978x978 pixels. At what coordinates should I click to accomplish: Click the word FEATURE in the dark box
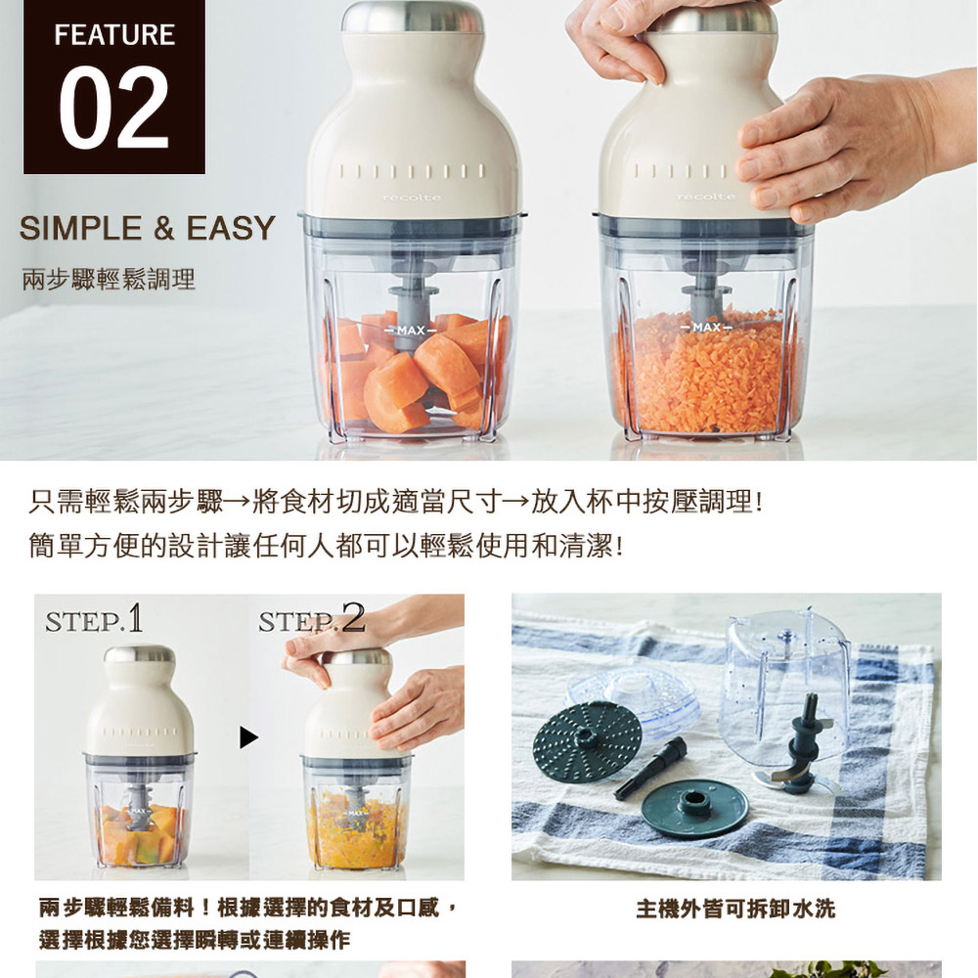tap(114, 35)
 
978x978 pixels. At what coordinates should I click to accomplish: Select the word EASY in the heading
tap(231, 228)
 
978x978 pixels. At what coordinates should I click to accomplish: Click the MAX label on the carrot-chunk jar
tap(411, 330)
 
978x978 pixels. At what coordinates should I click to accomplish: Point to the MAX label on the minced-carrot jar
tap(706, 328)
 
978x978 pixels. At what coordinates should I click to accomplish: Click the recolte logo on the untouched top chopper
tap(412, 198)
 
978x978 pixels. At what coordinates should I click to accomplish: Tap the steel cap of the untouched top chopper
tap(413, 18)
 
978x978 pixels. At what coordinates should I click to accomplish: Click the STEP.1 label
tap(94, 619)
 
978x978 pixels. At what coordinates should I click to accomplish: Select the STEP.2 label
tap(312, 619)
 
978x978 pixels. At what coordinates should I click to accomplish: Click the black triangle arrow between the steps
tap(248, 737)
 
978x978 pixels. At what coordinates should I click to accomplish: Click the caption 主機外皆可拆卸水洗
tap(735, 909)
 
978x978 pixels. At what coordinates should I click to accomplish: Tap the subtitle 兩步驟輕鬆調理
tap(109, 279)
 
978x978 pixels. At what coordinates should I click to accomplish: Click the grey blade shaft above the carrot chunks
tap(411, 297)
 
